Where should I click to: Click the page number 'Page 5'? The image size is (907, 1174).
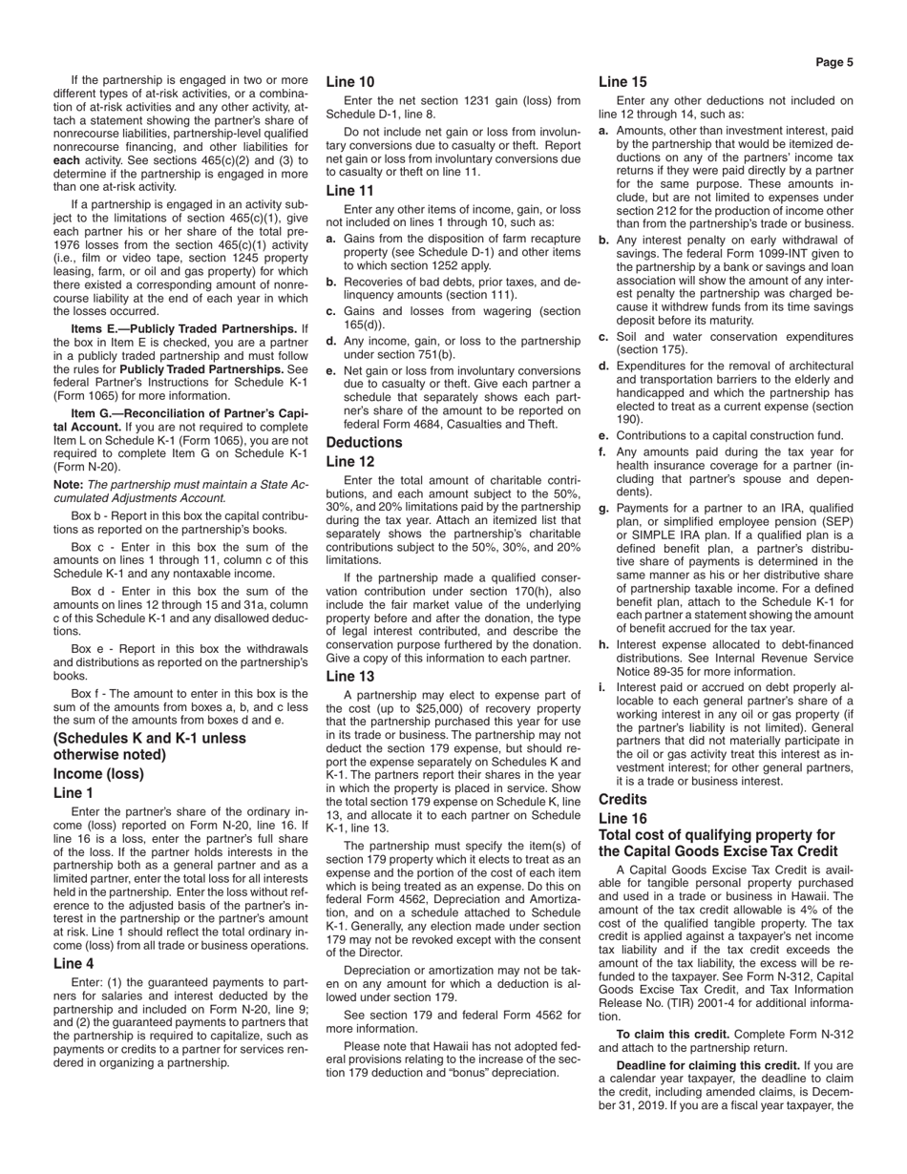click(834, 63)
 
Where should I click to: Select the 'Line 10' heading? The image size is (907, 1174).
click(350, 82)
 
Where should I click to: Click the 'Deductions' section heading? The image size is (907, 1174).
click(364, 443)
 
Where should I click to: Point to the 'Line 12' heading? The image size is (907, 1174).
click(350, 462)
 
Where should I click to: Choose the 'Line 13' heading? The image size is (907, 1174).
click(350, 677)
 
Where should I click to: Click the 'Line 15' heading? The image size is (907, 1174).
click(622, 82)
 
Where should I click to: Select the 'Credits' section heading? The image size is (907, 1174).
click(622, 800)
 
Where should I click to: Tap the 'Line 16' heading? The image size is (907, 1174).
click(622, 819)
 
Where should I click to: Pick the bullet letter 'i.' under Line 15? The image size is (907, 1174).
click(603, 687)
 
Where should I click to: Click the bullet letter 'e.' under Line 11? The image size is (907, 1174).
click(330, 370)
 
